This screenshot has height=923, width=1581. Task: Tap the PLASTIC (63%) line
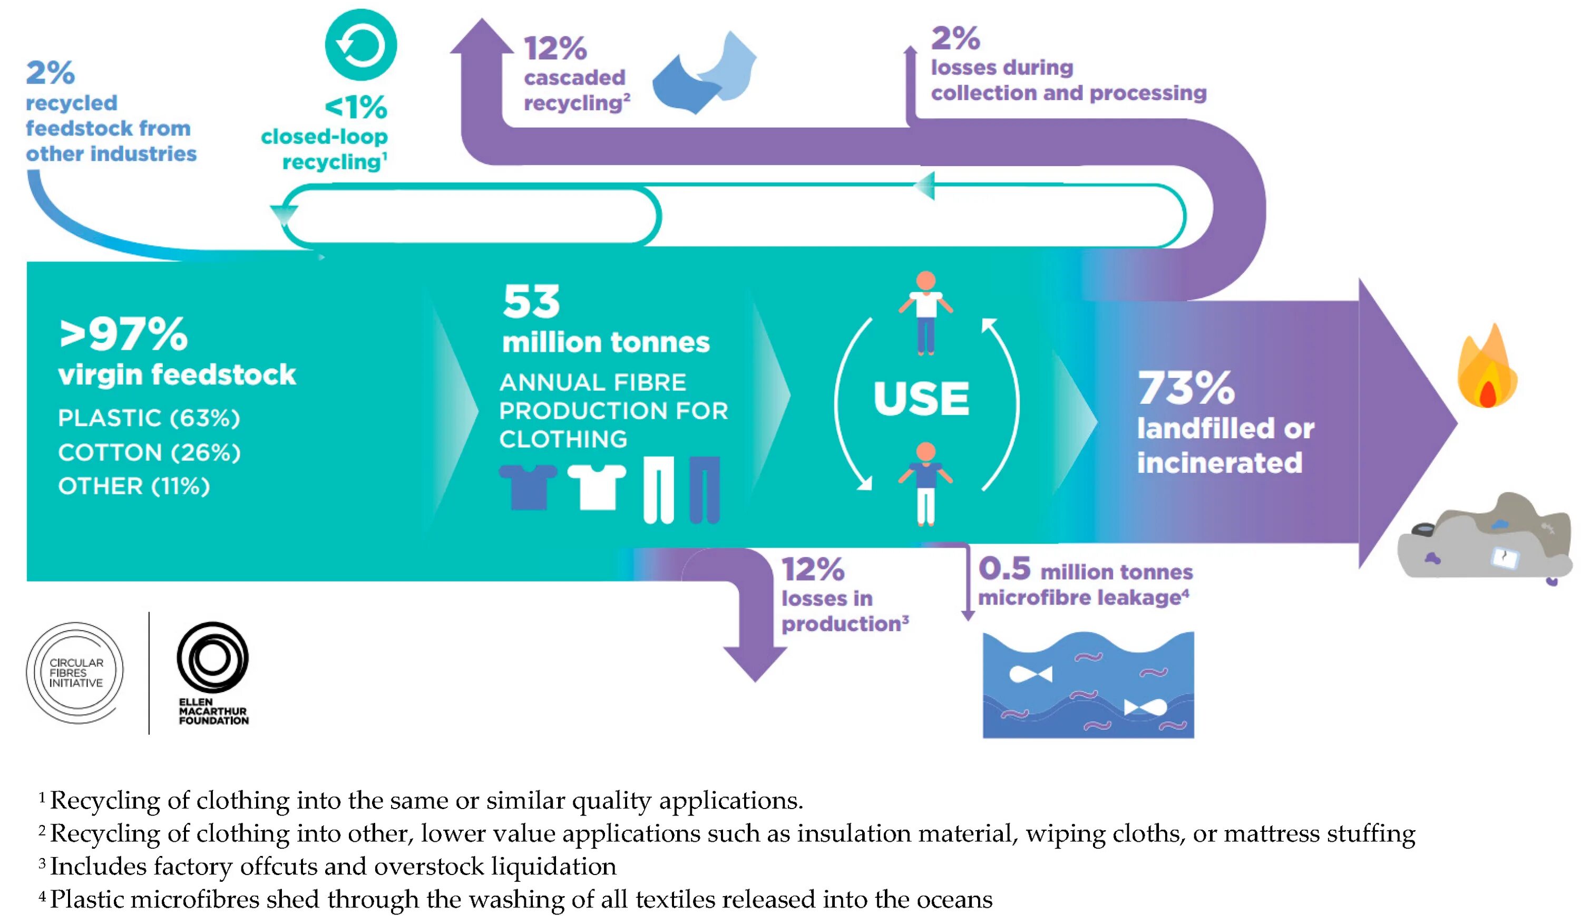149,418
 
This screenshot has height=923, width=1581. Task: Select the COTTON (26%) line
149,453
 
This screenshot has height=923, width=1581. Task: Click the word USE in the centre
921,399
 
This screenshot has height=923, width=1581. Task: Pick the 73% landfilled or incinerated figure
1186,388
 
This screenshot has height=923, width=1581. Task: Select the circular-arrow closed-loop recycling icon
361,45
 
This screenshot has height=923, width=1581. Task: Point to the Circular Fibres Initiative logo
75,672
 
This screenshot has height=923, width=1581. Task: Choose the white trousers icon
658,490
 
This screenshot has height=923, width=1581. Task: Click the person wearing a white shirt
926,312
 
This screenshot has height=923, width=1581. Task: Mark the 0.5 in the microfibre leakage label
1004,569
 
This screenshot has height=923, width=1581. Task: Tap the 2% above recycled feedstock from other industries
50,73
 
